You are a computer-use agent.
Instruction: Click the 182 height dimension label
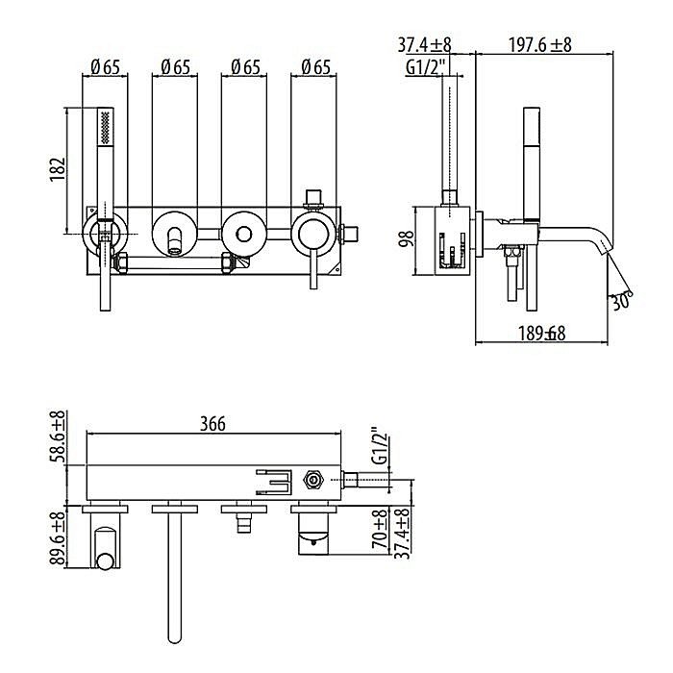[58, 169]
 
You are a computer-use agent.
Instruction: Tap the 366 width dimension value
[212, 424]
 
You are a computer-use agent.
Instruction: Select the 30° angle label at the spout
[621, 301]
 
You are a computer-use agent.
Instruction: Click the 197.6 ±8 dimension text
[540, 44]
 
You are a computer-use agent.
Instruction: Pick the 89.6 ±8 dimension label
[58, 536]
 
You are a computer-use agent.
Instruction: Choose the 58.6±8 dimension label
[58, 436]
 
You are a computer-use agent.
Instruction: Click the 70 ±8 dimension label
[381, 529]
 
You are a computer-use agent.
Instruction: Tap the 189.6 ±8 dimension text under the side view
[541, 334]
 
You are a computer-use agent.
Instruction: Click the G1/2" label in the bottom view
[380, 445]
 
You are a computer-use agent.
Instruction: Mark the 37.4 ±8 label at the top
[424, 44]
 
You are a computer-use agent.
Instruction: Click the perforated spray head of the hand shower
[105, 126]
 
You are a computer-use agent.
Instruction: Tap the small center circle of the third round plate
[244, 235]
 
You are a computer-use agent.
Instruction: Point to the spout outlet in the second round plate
[175, 241]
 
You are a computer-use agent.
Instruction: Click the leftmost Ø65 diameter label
[106, 67]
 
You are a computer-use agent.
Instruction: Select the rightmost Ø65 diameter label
[316, 67]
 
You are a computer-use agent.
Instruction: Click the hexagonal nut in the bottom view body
[313, 480]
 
